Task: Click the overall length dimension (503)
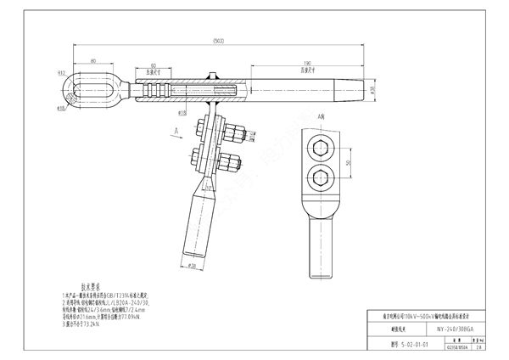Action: pyautogui.click(x=220, y=41)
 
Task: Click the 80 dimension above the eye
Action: pyautogui.click(x=90, y=60)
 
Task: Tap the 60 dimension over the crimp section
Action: pyautogui.click(x=153, y=65)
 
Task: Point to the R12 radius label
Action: pyautogui.click(x=60, y=74)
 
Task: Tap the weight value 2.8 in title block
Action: pyautogui.click(x=479, y=346)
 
